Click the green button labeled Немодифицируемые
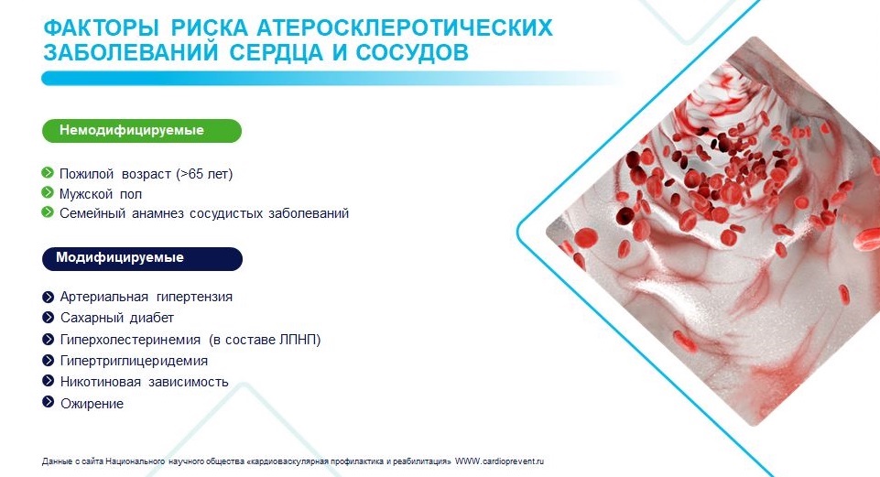pos(141,131)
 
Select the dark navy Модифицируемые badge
pos(142,259)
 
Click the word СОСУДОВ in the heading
pos(412,52)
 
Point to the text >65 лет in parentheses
pos(204,174)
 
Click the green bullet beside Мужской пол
pos(48,193)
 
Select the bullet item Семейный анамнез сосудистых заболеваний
pos(204,213)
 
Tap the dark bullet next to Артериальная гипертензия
pos(49,297)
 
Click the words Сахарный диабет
pos(117,318)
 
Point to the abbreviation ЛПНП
pos(298,340)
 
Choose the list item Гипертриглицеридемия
pos(134,361)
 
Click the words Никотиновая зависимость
pos(145,382)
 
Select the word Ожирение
pos(92,404)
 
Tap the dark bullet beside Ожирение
pos(49,402)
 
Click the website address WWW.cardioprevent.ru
pos(499,461)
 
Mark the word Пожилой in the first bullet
pos(87,174)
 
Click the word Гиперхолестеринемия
pos(130,340)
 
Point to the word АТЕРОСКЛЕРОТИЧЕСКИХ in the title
pos(405,27)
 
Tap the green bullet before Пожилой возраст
pos(48,172)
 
